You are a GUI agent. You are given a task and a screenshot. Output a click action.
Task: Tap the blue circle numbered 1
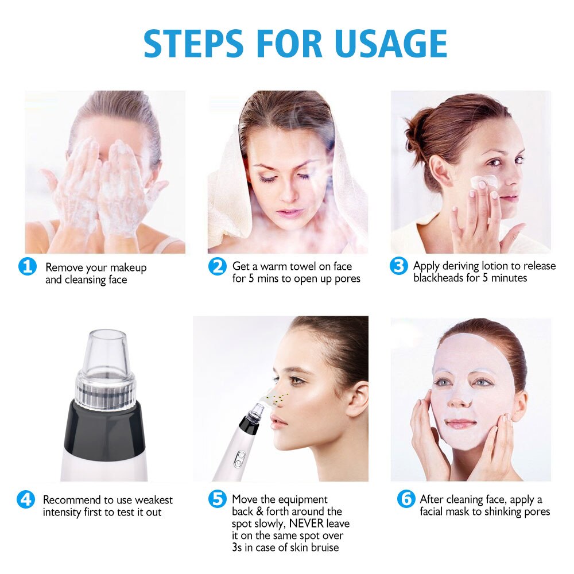(x=27, y=267)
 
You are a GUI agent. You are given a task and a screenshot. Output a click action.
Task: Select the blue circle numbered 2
(x=217, y=267)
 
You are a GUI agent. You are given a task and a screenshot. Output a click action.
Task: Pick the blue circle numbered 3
(x=398, y=267)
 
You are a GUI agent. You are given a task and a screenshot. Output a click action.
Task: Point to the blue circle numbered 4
(x=25, y=499)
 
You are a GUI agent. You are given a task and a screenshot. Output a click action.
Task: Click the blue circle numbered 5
(x=217, y=499)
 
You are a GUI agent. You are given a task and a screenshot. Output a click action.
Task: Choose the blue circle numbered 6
(x=406, y=499)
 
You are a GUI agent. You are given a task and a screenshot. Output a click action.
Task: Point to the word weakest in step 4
(x=152, y=500)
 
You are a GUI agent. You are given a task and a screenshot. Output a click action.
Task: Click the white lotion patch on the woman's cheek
(x=482, y=181)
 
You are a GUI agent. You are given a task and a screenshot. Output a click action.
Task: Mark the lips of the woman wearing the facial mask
(x=461, y=424)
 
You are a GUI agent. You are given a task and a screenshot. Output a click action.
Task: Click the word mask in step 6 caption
(x=458, y=511)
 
